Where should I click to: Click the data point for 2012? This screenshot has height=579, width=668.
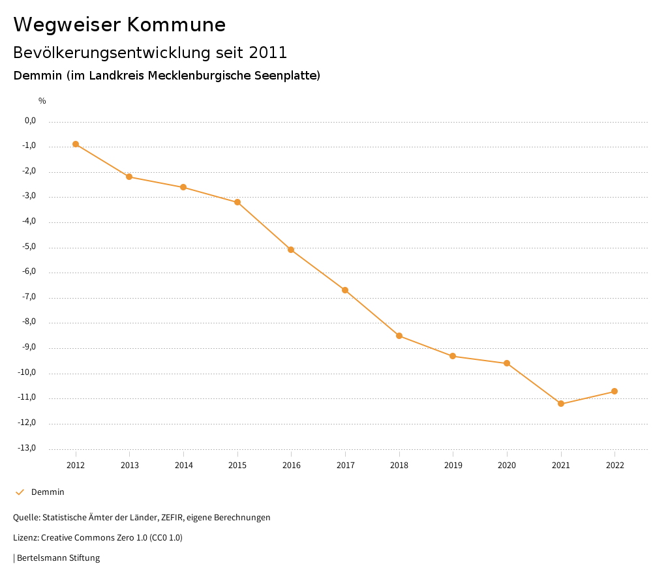tap(76, 144)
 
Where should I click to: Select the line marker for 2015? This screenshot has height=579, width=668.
tap(237, 202)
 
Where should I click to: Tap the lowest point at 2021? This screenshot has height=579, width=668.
tap(561, 404)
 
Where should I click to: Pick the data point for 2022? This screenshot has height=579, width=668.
tap(615, 391)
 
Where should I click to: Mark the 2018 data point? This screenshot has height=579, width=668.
tap(399, 336)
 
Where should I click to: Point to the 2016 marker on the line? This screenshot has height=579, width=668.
tap(291, 250)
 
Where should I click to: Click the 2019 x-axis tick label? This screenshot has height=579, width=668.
tap(453, 466)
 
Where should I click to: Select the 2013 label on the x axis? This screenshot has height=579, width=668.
tap(130, 466)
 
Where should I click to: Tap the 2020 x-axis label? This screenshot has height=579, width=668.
tap(507, 466)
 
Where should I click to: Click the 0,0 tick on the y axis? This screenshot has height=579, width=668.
tap(30, 121)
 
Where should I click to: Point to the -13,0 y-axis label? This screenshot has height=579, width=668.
tap(28, 448)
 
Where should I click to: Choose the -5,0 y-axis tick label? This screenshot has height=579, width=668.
tap(29, 246)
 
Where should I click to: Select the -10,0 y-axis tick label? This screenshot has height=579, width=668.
tap(28, 372)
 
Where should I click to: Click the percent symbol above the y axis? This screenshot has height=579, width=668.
tap(42, 101)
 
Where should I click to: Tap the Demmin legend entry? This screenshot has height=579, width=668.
tap(48, 492)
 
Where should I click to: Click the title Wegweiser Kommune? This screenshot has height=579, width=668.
tap(119, 25)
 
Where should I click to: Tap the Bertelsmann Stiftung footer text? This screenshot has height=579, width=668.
tap(58, 558)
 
